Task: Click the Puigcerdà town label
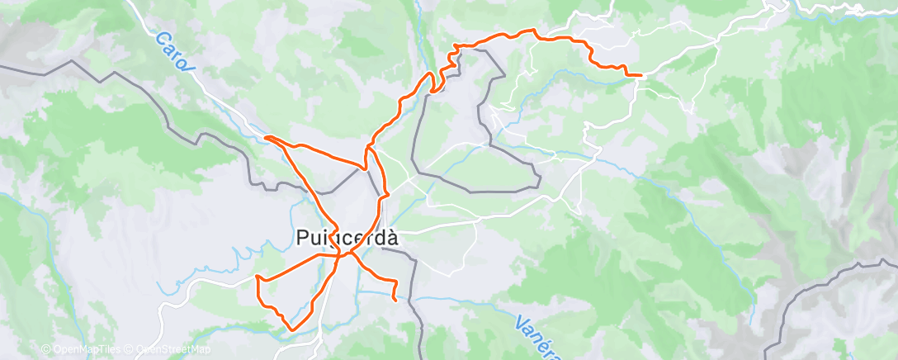pyautogui.click(x=347, y=238)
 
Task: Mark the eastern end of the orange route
pyautogui.click(x=640, y=75)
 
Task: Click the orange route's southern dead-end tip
pyautogui.click(x=397, y=301)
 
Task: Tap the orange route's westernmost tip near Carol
pyautogui.click(x=265, y=137)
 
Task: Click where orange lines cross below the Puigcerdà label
pyautogui.click(x=341, y=255)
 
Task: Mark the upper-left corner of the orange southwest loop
pyautogui.click(x=258, y=276)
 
